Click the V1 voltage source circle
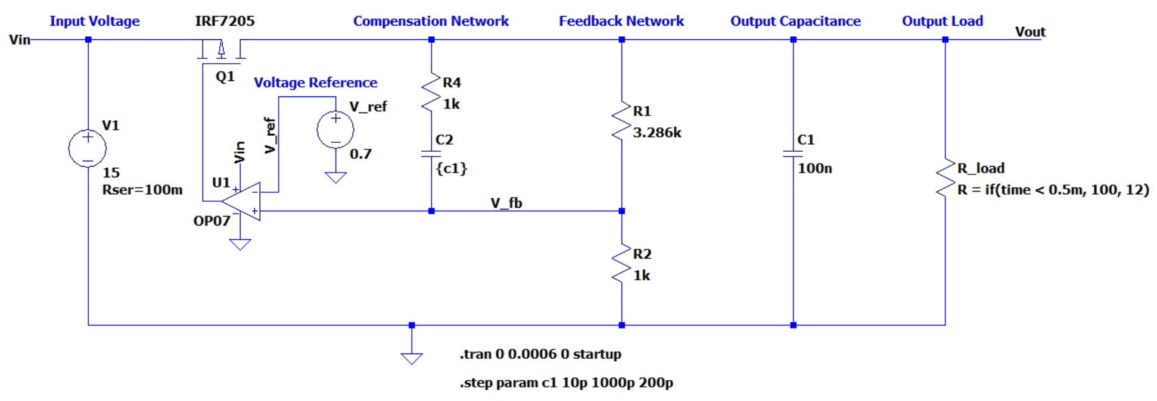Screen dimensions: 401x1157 coord(88,149)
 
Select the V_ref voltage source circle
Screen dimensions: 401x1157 coord(335,130)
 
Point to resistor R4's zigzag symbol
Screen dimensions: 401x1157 coord(431,93)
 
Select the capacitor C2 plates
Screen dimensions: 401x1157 coord(431,154)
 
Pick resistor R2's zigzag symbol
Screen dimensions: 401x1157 coord(621,264)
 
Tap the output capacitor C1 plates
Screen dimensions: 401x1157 coord(793,154)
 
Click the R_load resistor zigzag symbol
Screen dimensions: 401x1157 coord(945,177)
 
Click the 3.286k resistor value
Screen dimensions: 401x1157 coord(657,133)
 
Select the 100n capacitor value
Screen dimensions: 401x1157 coord(814,168)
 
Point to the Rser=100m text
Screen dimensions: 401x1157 coord(142,190)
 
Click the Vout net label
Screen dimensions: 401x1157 coord(1030,32)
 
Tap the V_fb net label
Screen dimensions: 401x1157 coord(506,203)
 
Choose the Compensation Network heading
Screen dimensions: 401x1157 coord(431,21)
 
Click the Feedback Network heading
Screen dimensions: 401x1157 coord(621,21)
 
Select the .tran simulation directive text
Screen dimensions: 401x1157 coord(540,354)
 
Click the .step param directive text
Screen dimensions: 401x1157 coord(566,383)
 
